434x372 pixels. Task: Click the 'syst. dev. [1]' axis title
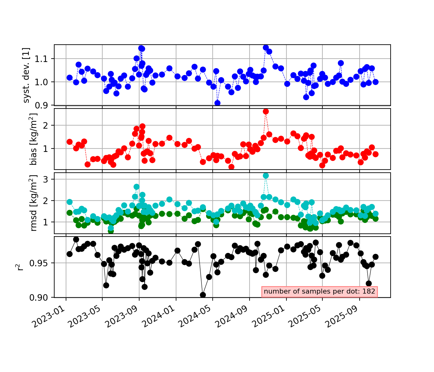pos(27,75)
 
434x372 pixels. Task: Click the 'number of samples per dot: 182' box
pos(320,291)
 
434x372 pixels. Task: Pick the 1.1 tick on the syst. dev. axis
pos(46,59)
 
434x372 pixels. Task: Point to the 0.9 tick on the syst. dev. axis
pos(46,105)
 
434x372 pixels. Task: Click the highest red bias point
pos(266,111)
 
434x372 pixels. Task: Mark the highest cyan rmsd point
pos(266,175)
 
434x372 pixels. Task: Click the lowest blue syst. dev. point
pos(217,103)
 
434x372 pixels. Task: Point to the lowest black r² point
pos(203,295)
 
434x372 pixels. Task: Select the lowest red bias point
pos(231,167)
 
